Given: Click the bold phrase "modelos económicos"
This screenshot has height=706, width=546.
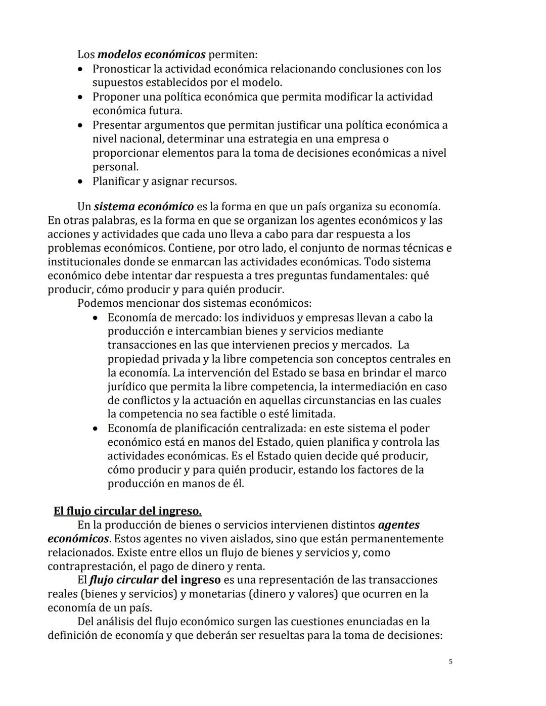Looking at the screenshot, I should click(x=151, y=54).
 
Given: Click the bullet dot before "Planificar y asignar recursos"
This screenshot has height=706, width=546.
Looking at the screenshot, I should click(x=80, y=181).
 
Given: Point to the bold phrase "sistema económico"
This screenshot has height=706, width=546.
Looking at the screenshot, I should click(x=144, y=207).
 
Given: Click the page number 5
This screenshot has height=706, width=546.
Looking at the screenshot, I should click(x=450, y=662).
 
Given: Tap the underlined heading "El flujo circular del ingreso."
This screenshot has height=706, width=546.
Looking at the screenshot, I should click(x=127, y=511).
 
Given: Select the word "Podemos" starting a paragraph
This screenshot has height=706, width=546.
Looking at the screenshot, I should click(x=99, y=304).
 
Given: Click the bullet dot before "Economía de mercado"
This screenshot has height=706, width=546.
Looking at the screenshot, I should click(x=96, y=318).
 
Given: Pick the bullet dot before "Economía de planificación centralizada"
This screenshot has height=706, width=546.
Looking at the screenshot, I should click(x=96, y=429).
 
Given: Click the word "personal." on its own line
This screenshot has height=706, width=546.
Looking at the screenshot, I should click(x=115, y=167).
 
